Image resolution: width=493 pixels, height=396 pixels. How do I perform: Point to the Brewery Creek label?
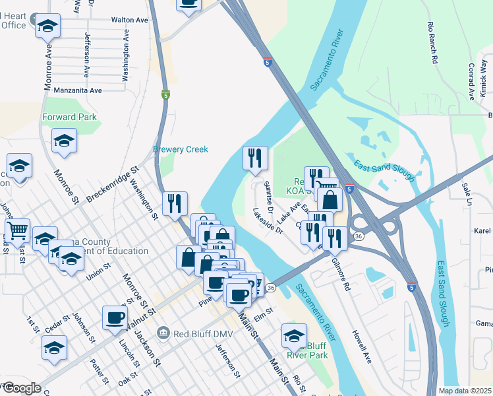(x=181, y=150)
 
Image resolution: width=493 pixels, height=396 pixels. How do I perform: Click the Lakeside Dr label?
(x=268, y=221)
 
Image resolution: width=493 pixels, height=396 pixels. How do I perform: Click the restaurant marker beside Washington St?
(x=175, y=203)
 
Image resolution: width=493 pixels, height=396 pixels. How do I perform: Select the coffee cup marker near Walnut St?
(x=115, y=317)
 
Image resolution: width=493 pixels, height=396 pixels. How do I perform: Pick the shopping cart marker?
(x=17, y=230)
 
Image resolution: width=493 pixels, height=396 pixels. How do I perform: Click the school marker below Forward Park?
(x=64, y=141)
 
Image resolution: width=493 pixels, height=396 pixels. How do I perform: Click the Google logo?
(x=21, y=388)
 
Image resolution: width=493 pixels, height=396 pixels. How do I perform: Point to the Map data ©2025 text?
(x=464, y=391)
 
